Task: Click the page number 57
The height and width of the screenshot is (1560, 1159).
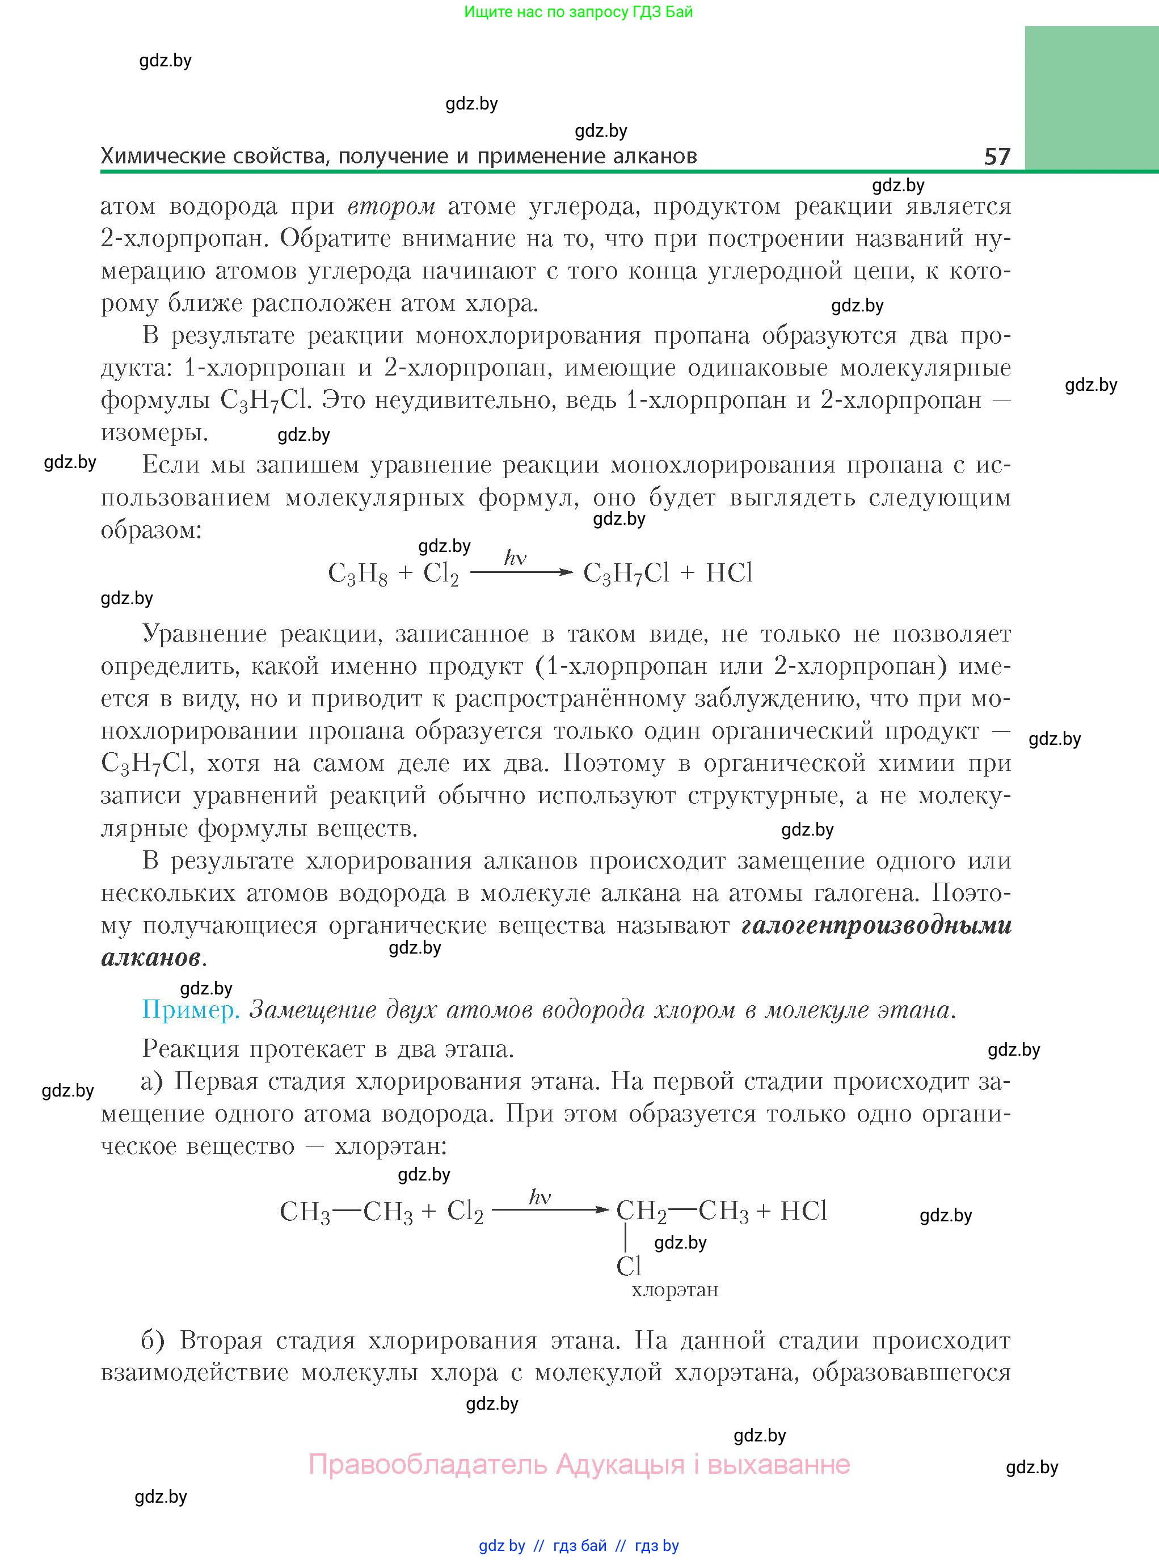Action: point(997,156)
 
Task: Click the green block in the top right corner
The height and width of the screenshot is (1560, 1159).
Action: point(1091,98)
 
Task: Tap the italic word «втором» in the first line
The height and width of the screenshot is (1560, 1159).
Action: point(391,206)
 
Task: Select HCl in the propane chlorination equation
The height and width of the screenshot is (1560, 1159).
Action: point(729,573)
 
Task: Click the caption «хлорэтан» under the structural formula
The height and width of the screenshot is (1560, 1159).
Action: point(675,1290)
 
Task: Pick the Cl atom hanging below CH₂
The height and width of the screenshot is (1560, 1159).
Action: point(629,1266)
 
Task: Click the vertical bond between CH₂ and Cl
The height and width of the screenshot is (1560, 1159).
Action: point(625,1237)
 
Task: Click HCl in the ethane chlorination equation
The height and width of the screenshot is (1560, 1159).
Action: point(803,1211)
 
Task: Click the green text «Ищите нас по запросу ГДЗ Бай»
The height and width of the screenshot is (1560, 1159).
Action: point(578,12)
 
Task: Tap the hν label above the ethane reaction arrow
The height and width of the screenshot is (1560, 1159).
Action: point(540,1196)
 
